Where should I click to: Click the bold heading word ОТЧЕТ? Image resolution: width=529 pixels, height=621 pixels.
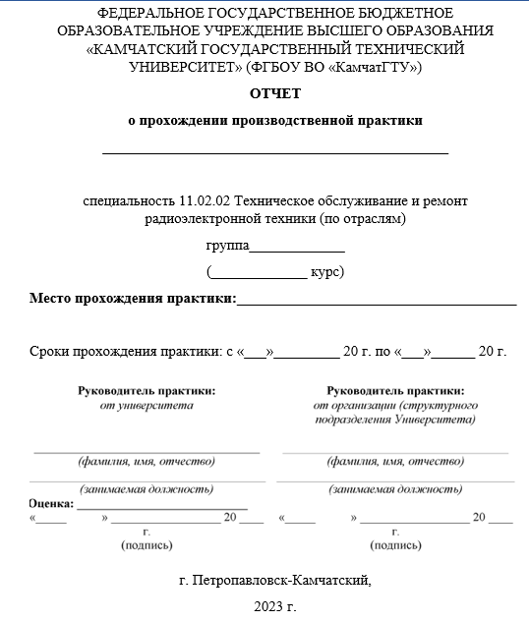tap(275, 93)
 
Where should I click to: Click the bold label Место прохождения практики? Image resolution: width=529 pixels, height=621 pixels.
tap(132, 298)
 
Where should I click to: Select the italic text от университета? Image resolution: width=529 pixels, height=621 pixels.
tap(147, 404)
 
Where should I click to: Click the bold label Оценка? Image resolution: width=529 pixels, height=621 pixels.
tap(51, 502)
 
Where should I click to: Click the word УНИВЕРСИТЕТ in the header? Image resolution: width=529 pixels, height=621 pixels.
tap(178, 67)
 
